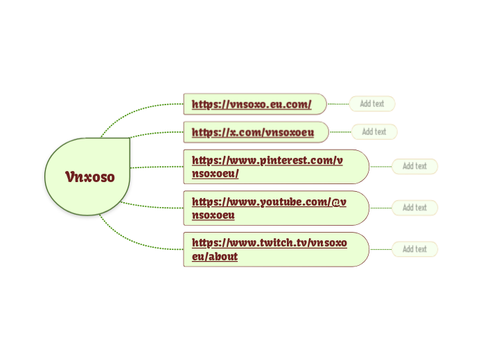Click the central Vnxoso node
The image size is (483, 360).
[87, 177]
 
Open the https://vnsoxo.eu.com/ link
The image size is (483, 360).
[251, 105]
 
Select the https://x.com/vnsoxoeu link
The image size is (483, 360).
[253, 132]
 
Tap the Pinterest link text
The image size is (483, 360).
[267, 161]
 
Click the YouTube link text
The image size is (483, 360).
[270, 202]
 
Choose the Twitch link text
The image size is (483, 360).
[269, 244]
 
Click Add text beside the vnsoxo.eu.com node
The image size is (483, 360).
[372, 104]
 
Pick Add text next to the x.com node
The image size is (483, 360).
[374, 132]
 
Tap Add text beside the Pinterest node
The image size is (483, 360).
[414, 166]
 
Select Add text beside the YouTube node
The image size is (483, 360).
[414, 208]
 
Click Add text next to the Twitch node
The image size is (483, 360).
[414, 249]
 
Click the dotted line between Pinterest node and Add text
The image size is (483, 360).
[380, 166]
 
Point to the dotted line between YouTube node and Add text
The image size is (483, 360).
[380, 208]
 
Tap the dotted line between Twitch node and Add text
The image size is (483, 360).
[380, 249]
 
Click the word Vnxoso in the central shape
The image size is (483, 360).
[90, 177]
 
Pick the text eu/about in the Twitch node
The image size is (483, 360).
[215, 256]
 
